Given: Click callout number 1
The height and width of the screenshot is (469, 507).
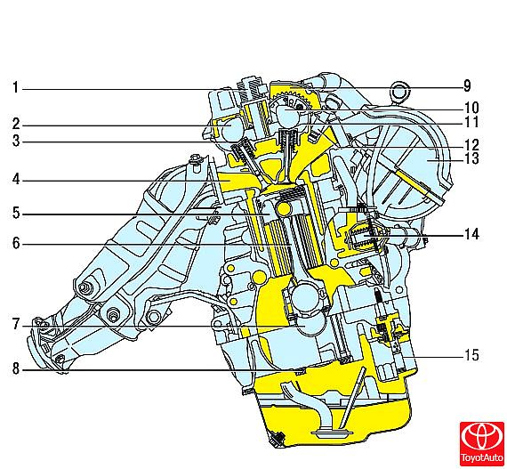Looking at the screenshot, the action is click(15, 87).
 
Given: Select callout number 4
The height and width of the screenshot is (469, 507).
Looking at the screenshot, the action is click(16, 180).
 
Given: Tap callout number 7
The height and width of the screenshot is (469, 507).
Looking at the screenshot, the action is click(16, 324).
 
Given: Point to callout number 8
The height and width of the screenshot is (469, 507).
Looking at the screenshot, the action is click(16, 368).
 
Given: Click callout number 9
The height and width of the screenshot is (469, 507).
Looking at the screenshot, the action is click(467, 86).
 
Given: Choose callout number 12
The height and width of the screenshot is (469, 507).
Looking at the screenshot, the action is click(471, 144).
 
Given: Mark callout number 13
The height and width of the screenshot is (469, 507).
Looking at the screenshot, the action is click(471, 158).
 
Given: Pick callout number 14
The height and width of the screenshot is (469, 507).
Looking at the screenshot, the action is click(471, 234).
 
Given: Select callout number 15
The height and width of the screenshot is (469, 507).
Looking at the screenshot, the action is click(471, 355).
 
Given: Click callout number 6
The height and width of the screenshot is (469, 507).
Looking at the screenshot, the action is click(16, 243).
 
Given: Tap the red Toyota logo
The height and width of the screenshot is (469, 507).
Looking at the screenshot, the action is click(481, 437).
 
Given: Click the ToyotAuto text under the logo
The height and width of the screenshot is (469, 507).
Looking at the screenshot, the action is click(482, 457).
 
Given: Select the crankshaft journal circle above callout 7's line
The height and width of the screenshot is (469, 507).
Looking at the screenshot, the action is click(304, 296).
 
